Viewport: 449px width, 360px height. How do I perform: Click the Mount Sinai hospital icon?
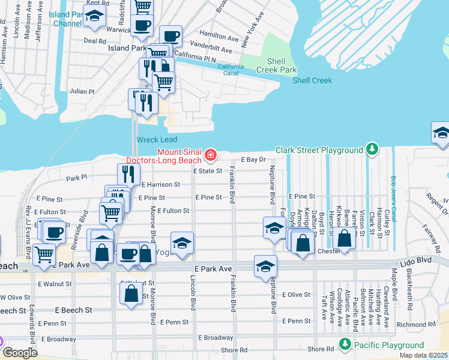click(x=210, y=156)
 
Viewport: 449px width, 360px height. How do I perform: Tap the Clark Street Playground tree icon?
click(x=372, y=149)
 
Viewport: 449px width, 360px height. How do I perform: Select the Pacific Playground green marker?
click(x=345, y=345)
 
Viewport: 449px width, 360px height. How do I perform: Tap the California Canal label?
click(x=231, y=70)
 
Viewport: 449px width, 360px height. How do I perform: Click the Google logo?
click(x=19, y=353)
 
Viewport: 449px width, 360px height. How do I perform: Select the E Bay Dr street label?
click(x=253, y=160)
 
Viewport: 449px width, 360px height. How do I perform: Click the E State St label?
click(x=208, y=171)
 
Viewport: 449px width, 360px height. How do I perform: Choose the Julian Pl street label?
click(x=82, y=92)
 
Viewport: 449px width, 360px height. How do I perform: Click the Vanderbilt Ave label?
click(x=211, y=48)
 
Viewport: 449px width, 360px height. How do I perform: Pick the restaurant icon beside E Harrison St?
click(x=128, y=174)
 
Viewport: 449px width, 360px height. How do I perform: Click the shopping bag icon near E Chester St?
click(x=345, y=239)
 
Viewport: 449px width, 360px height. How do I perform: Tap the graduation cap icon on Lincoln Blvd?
click(x=182, y=242)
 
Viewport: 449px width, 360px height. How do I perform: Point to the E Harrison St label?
click(x=160, y=185)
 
